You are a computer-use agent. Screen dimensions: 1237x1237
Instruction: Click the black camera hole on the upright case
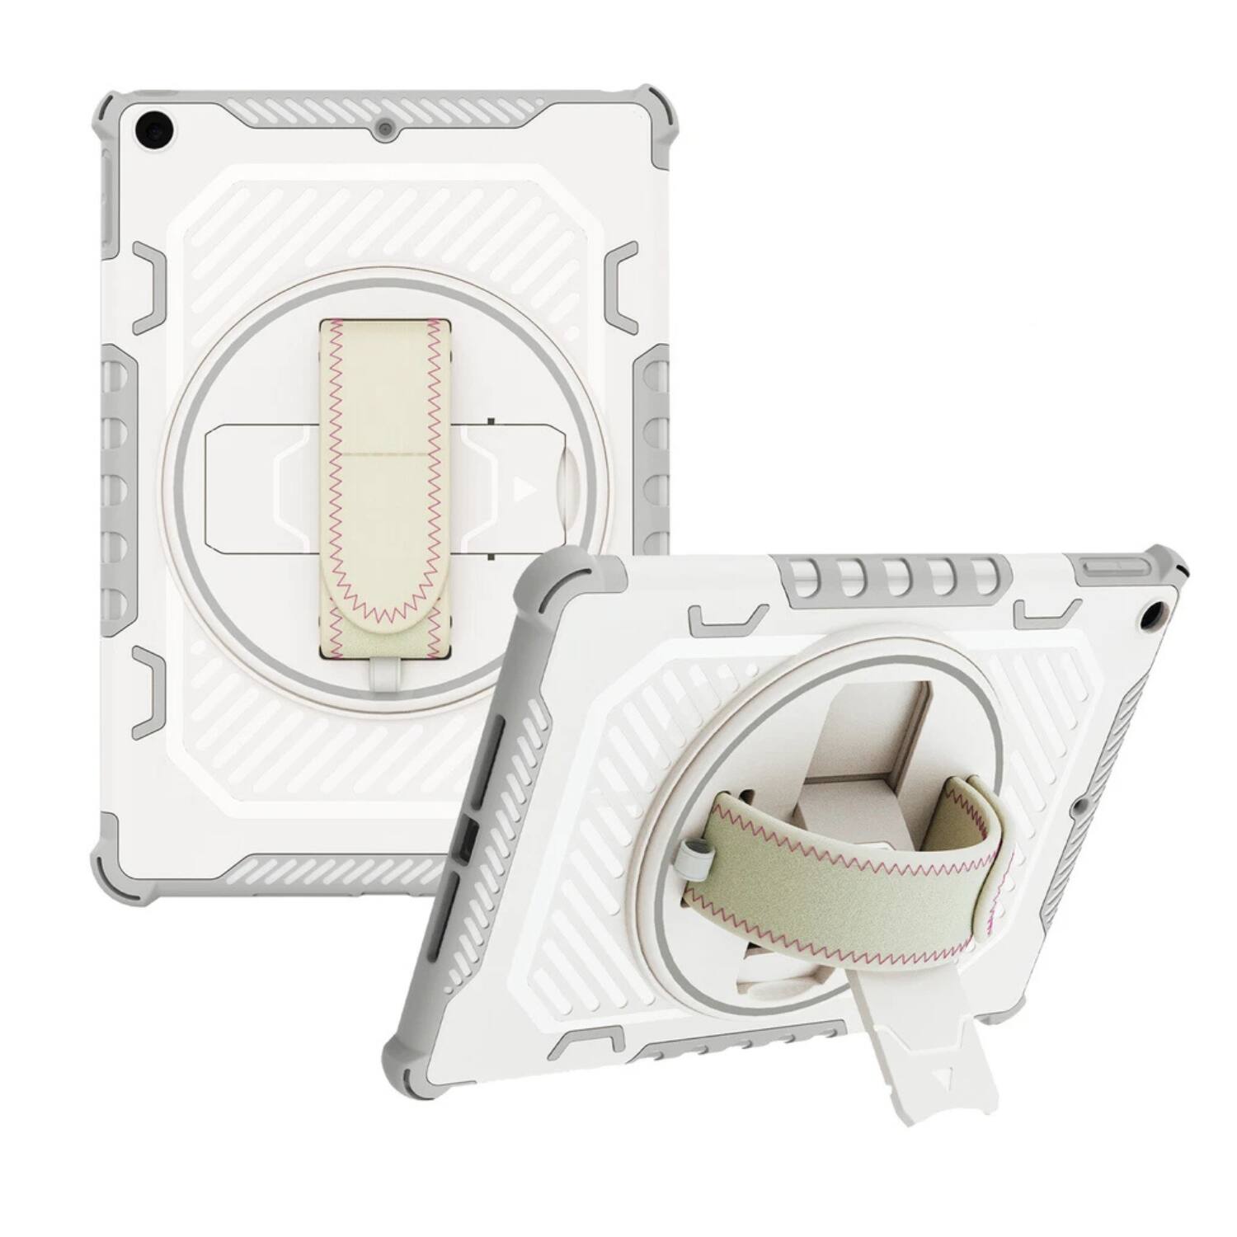click(x=156, y=129)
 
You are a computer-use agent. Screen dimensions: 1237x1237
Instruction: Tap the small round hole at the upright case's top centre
click(x=384, y=129)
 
